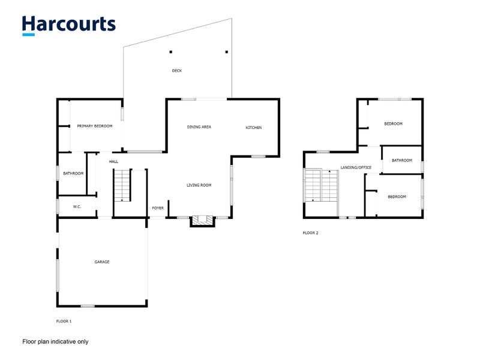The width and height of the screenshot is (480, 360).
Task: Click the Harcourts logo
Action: (68, 25)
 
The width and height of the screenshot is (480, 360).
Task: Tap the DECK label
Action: (176, 71)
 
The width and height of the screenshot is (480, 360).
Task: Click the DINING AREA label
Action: (199, 127)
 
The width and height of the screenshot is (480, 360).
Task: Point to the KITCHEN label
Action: (254, 128)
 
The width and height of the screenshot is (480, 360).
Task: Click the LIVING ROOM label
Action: (199, 185)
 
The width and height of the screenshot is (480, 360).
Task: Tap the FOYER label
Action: (158, 208)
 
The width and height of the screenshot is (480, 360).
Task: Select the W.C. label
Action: (77, 207)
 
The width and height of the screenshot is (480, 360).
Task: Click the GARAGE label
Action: (102, 262)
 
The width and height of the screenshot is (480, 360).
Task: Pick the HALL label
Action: (114, 161)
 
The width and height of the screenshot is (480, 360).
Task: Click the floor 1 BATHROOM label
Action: (74, 173)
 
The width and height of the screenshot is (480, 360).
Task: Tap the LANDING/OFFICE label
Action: (356, 167)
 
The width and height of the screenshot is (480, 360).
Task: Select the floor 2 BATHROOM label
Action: (402, 160)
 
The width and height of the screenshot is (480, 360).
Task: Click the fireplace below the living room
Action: (202, 221)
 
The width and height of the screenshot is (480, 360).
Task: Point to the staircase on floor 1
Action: (122, 186)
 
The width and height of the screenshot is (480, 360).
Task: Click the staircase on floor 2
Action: (321, 186)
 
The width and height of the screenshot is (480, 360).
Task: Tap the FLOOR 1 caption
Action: (64, 322)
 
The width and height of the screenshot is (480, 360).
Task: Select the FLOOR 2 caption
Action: (310, 233)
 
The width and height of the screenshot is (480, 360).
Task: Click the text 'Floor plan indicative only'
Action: (55, 341)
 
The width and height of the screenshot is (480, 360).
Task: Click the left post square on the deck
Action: (170, 52)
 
